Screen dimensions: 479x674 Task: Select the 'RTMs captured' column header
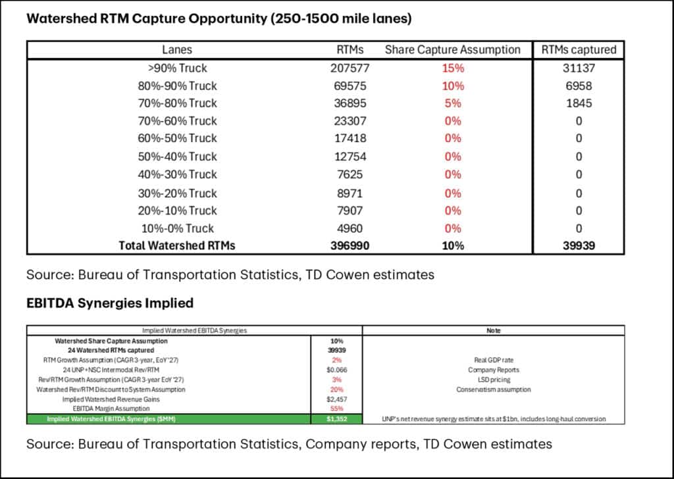click(x=579, y=49)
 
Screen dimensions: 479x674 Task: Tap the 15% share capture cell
click(x=452, y=68)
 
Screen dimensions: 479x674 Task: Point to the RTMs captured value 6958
click(x=579, y=86)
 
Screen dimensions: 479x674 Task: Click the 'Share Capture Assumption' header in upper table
click(x=452, y=49)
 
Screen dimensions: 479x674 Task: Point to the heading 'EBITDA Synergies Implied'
click(x=109, y=303)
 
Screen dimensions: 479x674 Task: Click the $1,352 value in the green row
click(x=336, y=418)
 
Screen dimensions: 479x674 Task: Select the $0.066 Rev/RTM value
click(x=336, y=370)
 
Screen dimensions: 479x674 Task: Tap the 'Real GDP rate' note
click(x=493, y=361)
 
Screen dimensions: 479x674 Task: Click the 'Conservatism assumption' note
click(x=493, y=390)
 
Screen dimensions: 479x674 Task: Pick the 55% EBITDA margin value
click(x=336, y=409)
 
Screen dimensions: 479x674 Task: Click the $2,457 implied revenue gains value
click(x=336, y=399)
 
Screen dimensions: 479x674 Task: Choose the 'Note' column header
click(x=493, y=331)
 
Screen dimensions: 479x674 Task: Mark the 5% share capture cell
click(x=452, y=103)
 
